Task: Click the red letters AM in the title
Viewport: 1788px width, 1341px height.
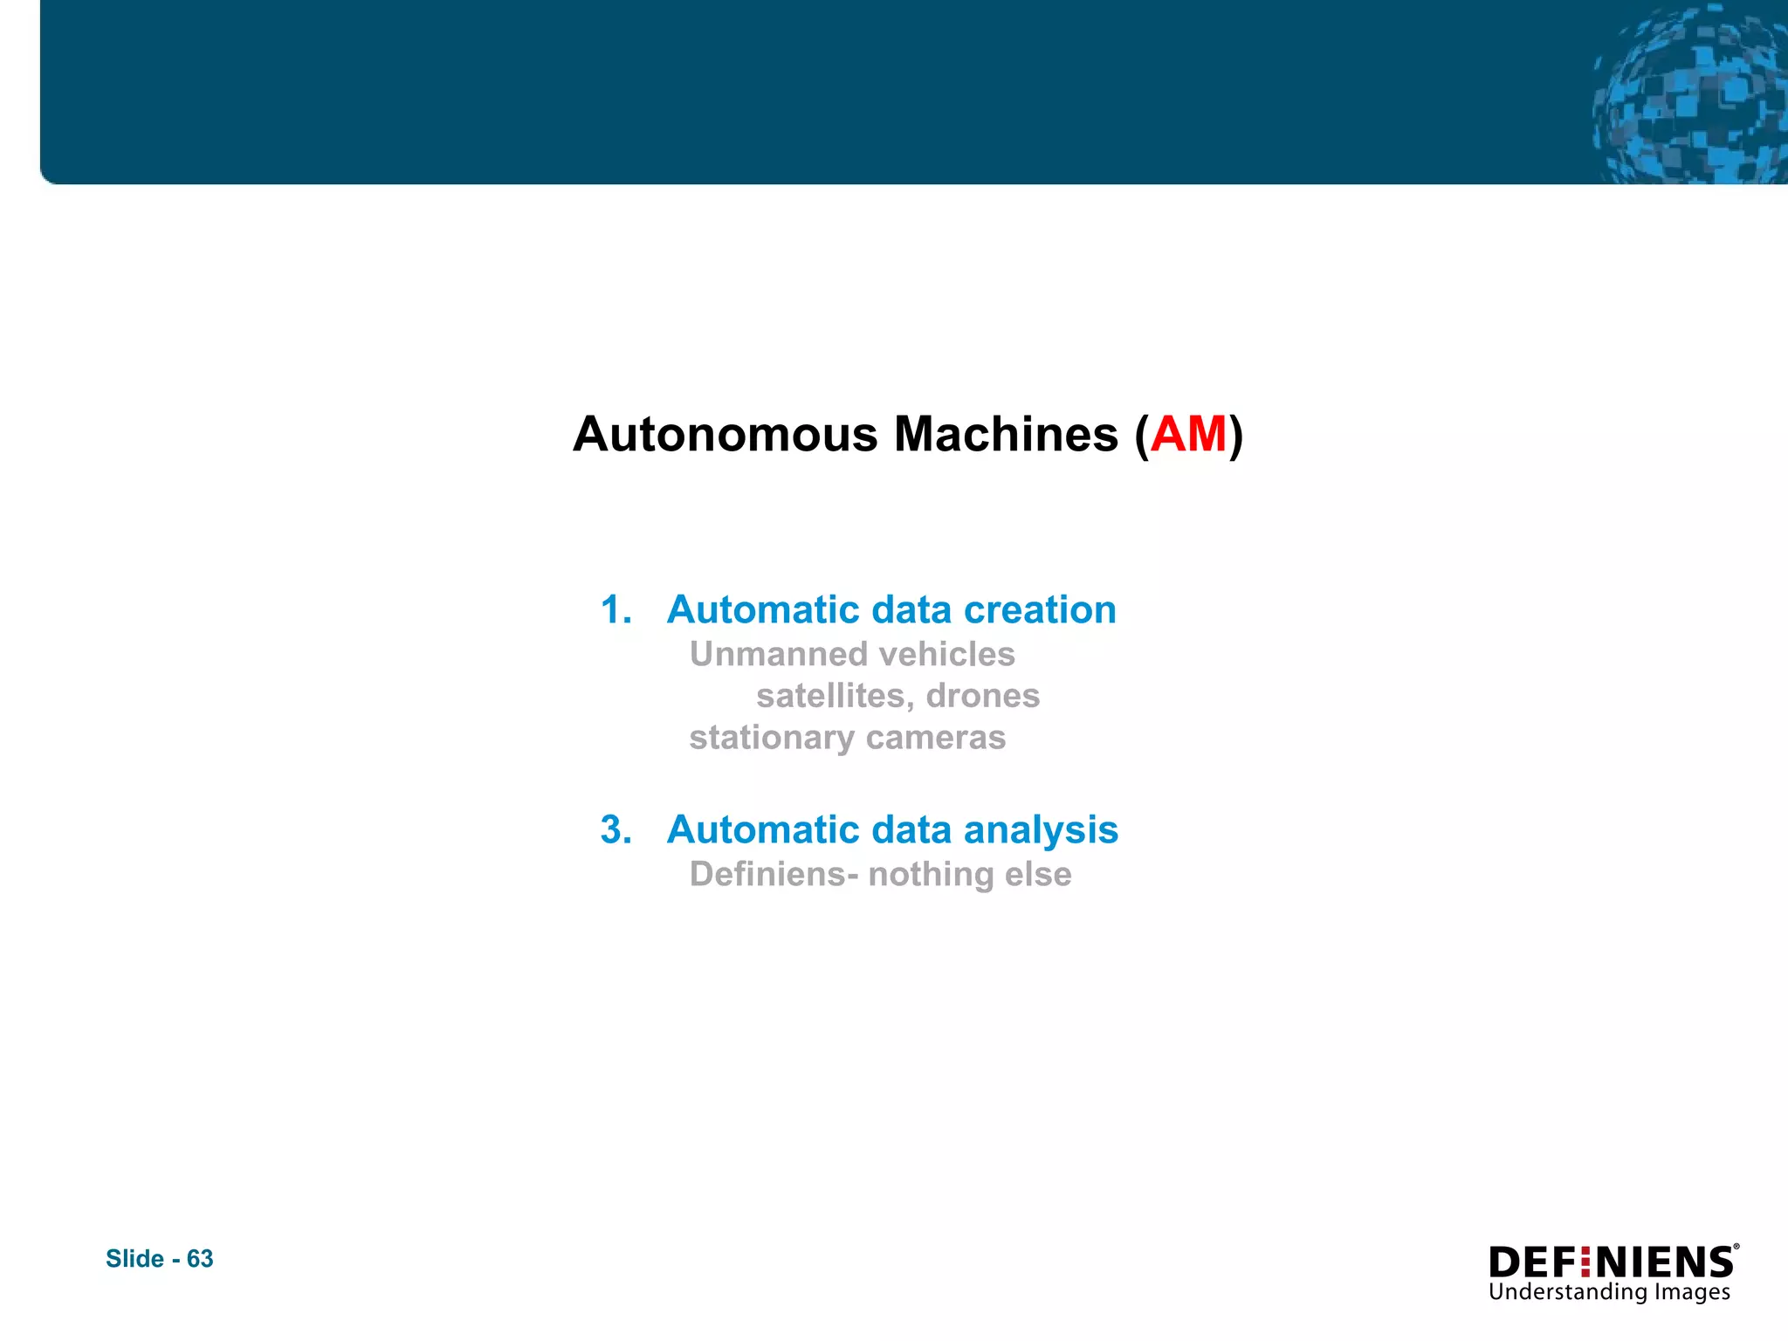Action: click(x=1189, y=434)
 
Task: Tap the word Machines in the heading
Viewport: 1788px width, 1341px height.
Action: click(x=1006, y=434)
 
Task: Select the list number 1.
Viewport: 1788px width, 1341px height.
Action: click(x=615, y=609)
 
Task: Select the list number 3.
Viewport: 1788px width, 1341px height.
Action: click(x=615, y=829)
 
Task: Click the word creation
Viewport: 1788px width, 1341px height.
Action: click(x=1040, y=609)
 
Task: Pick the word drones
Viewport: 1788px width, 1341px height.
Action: click(x=983, y=696)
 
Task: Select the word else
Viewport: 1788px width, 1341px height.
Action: click(x=1038, y=874)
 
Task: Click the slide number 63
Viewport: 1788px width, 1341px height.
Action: click(x=200, y=1258)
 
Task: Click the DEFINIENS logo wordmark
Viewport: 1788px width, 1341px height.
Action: click(x=1612, y=1262)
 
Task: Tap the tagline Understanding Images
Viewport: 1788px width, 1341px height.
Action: click(x=1609, y=1292)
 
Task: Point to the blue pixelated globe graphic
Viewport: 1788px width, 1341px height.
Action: click(x=1689, y=96)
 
